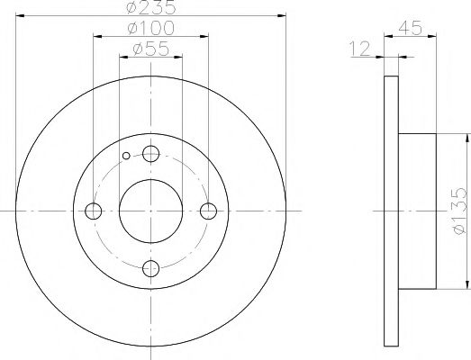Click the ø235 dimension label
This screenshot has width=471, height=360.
pyautogui.click(x=150, y=8)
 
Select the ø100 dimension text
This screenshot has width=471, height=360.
pyautogui.click(x=150, y=31)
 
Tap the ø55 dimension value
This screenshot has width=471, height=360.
pyautogui.click(x=150, y=51)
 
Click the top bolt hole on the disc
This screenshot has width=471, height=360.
pyautogui.click(x=150, y=154)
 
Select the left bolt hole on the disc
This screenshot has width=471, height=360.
pyautogui.click(x=93, y=211)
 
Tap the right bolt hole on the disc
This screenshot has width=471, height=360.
pyautogui.click(x=209, y=211)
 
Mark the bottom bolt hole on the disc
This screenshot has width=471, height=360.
pyautogui.click(x=150, y=269)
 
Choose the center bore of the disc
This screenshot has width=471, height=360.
pyautogui.click(x=150, y=211)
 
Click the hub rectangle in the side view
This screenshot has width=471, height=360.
pyautogui.click(x=417, y=211)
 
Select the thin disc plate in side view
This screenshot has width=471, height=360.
pyautogui.click(x=391, y=211)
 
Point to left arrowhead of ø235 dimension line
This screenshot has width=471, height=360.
pyautogui.click(x=21, y=15)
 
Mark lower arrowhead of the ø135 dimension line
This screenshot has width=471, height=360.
pyautogui.click(x=466, y=285)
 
